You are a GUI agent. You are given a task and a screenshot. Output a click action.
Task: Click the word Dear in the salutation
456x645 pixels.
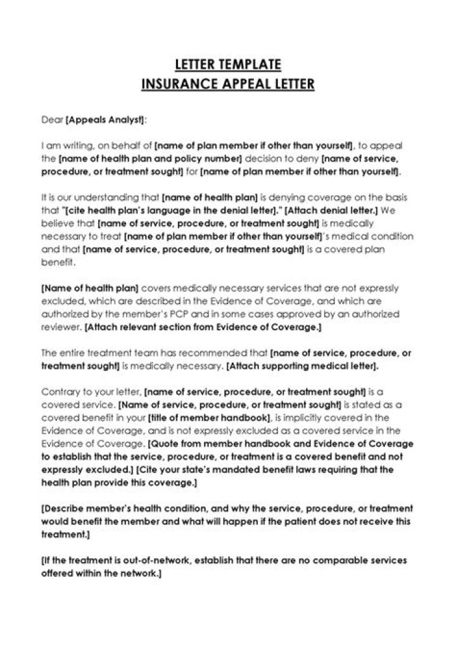(x=52, y=118)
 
